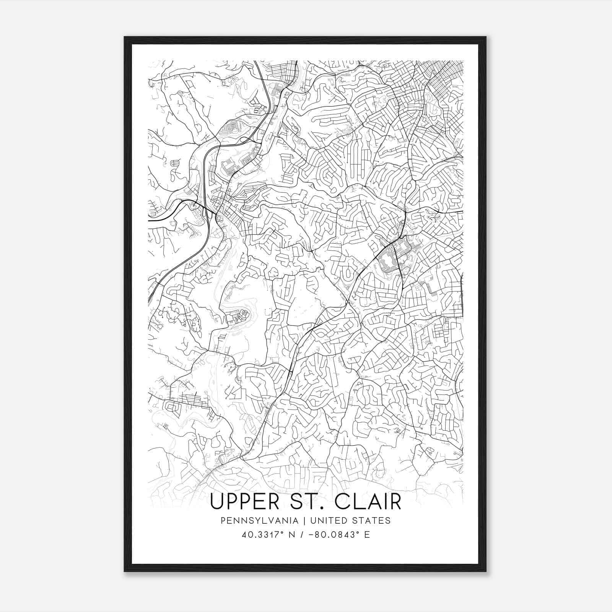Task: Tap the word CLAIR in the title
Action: (368, 502)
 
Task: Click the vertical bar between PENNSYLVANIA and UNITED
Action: (304, 521)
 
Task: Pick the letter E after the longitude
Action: (367, 535)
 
